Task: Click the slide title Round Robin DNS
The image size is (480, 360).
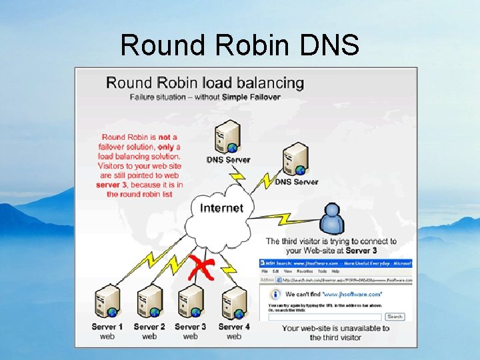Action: (x=239, y=45)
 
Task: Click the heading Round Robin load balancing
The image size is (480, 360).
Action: (x=205, y=83)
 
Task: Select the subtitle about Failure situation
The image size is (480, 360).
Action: (x=205, y=97)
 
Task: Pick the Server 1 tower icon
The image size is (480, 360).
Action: (x=107, y=302)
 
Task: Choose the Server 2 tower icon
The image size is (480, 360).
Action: (x=149, y=302)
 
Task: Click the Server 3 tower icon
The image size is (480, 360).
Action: (x=191, y=302)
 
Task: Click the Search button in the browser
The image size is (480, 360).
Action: (x=395, y=317)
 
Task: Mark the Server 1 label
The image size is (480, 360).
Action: (x=107, y=327)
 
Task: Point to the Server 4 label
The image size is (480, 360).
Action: (x=233, y=327)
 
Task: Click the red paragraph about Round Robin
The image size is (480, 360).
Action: (x=139, y=165)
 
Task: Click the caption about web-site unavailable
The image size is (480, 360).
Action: (x=335, y=333)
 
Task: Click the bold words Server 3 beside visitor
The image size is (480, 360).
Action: (x=361, y=251)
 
